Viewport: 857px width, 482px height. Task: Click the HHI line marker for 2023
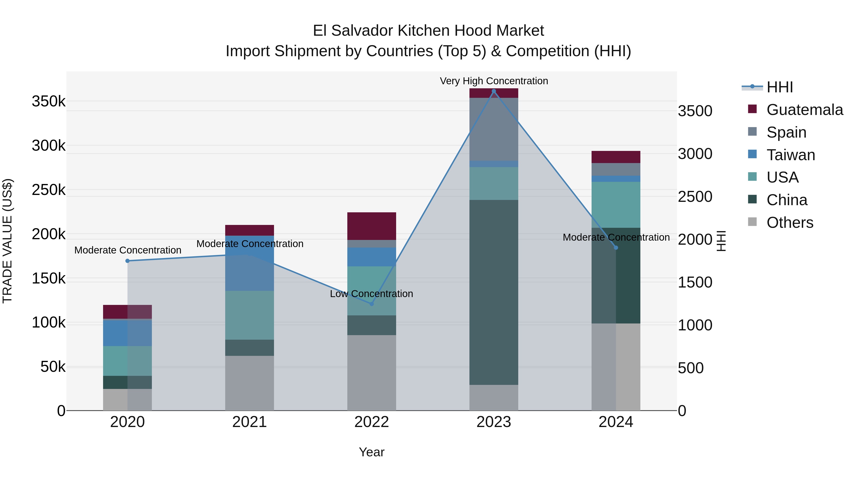tap(494, 91)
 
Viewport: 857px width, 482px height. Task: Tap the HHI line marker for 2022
tap(372, 304)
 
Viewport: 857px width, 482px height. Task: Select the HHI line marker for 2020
tap(127, 261)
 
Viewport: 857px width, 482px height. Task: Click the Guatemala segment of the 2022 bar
tap(372, 226)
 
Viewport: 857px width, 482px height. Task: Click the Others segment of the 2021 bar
tap(249, 383)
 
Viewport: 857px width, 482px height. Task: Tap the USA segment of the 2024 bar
tap(616, 204)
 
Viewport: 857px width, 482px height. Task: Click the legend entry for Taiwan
tap(790, 155)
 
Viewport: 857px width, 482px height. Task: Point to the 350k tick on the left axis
tap(49, 101)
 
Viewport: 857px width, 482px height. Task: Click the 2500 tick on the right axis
tap(695, 197)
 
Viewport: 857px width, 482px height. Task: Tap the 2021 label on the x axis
tap(249, 422)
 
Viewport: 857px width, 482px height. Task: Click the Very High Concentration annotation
tap(494, 81)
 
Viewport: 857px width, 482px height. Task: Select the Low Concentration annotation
tap(371, 294)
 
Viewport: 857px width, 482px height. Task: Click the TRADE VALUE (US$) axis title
tap(7, 241)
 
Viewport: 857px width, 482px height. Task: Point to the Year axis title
tap(372, 452)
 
